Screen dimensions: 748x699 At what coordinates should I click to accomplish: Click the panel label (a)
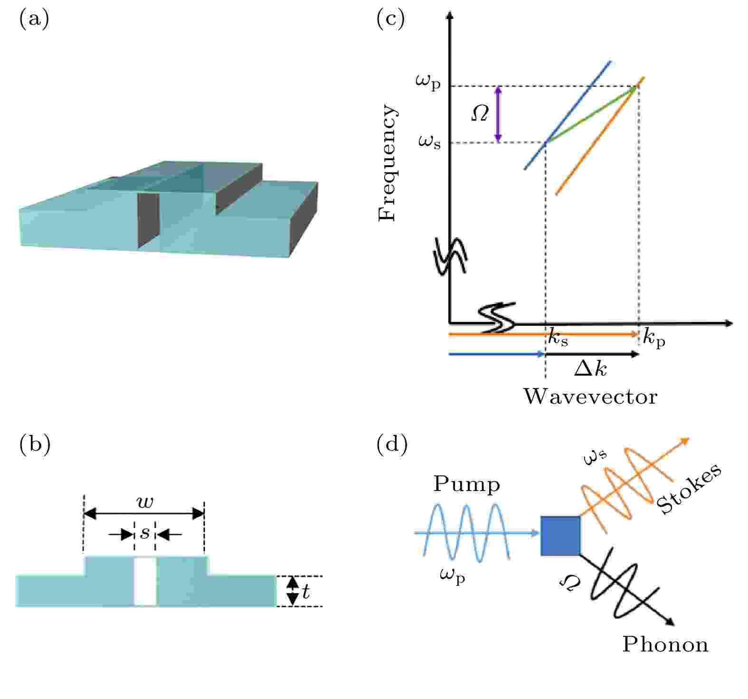(34, 19)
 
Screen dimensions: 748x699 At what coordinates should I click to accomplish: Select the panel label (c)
(390, 19)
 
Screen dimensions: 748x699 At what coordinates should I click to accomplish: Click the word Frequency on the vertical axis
(387, 163)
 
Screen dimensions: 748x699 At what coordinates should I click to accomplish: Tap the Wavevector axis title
(590, 397)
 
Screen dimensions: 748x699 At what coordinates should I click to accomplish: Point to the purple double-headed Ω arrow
(498, 114)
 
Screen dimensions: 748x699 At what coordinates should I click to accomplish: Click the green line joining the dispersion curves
(590, 114)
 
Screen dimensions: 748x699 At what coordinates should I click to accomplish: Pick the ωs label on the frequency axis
(429, 141)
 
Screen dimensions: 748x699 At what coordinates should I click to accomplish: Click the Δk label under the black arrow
(590, 368)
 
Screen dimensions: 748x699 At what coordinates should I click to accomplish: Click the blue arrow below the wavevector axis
(496, 354)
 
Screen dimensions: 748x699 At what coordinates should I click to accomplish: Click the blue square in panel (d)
(560, 536)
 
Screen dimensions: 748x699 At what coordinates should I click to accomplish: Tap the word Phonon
(665, 645)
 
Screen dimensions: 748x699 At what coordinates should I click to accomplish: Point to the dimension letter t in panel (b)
(305, 592)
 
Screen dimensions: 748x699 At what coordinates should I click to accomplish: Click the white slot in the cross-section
(145, 582)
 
